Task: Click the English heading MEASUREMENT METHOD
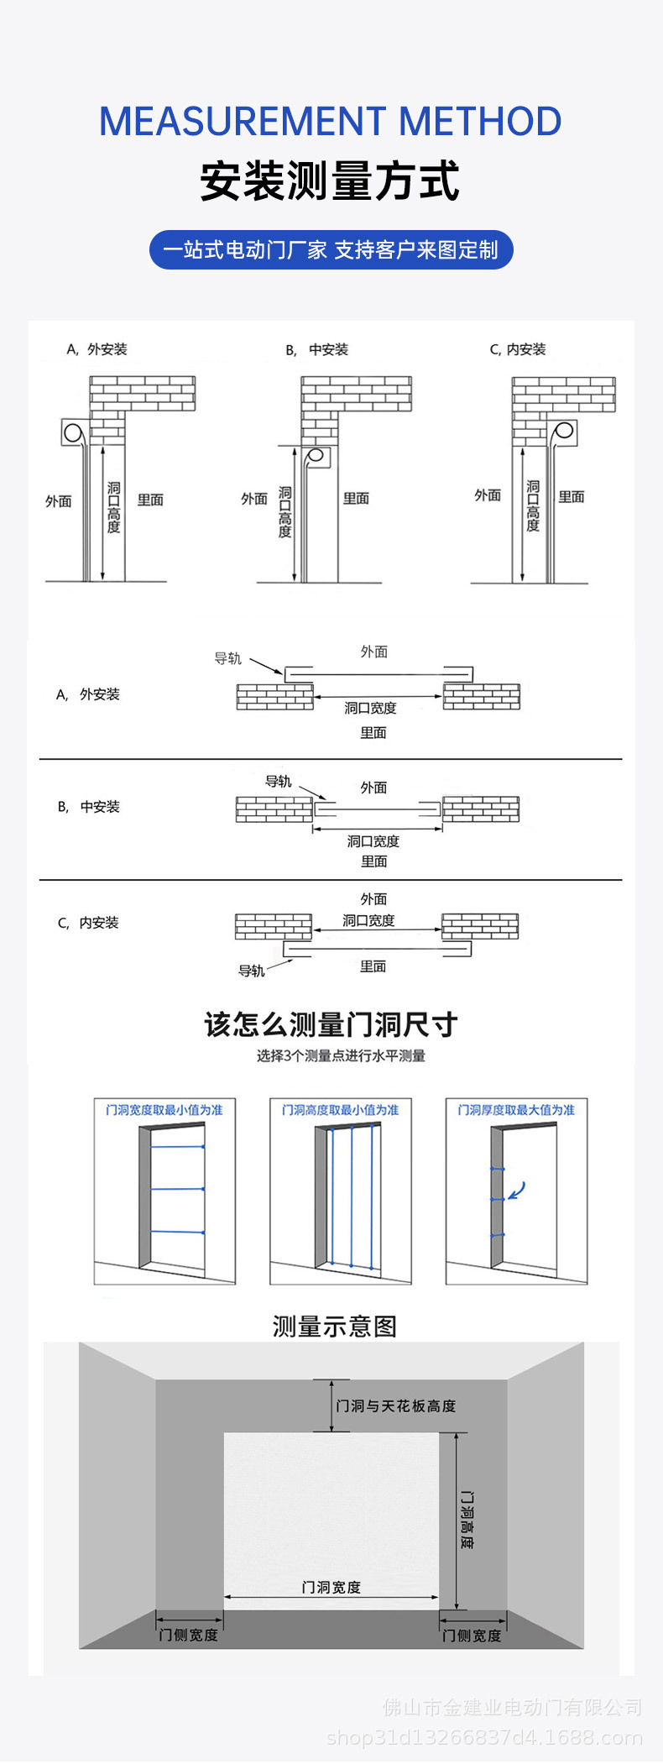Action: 331,122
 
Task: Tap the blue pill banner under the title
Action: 331,250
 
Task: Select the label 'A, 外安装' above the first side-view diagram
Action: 97,349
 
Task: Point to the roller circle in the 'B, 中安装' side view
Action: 316,457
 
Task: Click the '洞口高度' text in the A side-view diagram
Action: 113,507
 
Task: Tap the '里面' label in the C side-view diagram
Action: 572,497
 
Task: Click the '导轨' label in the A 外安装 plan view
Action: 227,658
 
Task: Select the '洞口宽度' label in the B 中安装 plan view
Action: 373,841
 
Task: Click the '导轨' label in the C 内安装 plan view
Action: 251,971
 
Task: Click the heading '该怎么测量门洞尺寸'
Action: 331,1024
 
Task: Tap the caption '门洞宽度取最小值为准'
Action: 164,1110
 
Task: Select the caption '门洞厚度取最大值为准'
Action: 516,1110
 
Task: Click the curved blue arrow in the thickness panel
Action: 518,1191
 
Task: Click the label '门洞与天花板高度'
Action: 395,1405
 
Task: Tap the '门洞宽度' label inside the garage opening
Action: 331,1587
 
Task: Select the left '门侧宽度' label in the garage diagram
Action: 189,1635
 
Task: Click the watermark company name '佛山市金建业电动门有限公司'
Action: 512,1707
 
